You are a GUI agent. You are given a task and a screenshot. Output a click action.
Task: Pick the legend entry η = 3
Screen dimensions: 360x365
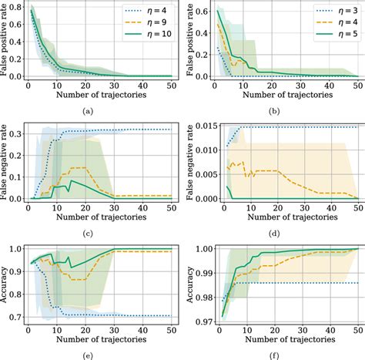point(330,12)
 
